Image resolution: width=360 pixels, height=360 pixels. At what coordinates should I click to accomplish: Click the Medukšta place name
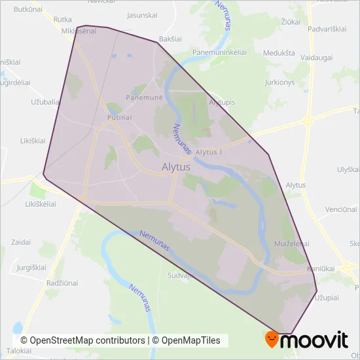click(278, 53)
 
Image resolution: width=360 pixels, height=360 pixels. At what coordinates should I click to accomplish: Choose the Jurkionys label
click(279, 82)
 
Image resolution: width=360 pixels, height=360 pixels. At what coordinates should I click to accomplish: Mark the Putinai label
click(120, 117)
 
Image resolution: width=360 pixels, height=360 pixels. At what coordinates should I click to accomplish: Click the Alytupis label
click(222, 103)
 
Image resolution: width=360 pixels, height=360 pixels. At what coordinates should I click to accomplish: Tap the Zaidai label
click(21, 242)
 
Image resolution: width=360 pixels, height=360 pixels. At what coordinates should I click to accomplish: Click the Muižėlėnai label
click(292, 243)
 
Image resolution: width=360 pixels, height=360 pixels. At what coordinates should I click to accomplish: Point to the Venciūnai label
click(342, 209)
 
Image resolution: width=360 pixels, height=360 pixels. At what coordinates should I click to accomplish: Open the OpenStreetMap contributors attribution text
click(82, 340)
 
